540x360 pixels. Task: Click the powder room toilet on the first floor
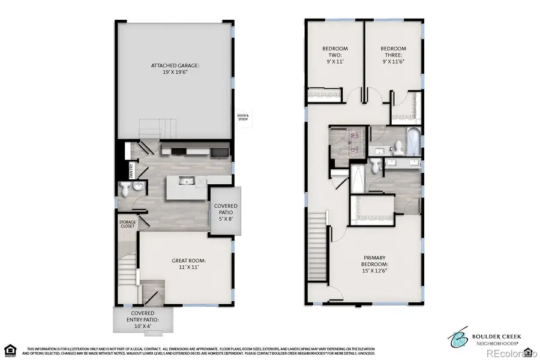click(x=125, y=190)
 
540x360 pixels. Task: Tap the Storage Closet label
click(x=127, y=224)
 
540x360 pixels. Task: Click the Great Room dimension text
click(x=189, y=268)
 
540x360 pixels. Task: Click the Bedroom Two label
click(x=335, y=55)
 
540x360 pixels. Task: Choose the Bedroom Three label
click(x=393, y=55)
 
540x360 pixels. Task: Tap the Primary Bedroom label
click(x=374, y=264)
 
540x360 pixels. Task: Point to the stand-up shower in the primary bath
click(x=358, y=178)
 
